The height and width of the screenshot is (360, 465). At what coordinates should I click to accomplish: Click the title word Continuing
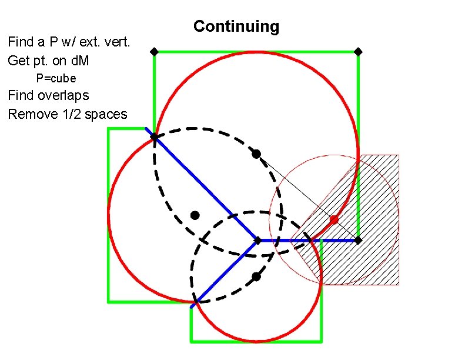[x=236, y=26]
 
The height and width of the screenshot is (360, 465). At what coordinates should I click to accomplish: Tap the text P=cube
[x=56, y=78]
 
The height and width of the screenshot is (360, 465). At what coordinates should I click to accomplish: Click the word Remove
[x=32, y=114]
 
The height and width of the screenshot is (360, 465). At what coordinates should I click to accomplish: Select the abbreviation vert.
[x=118, y=42]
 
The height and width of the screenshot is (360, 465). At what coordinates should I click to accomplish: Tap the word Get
[x=18, y=60]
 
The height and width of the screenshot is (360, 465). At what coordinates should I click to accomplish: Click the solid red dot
[x=334, y=219]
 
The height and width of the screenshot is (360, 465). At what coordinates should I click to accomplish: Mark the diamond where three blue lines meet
[x=257, y=240]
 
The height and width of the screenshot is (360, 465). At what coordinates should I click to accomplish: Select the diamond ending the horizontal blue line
[x=358, y=240]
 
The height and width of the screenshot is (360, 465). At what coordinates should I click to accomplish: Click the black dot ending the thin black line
[x=256, y=154]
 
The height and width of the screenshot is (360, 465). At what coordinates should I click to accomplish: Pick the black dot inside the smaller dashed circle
[x=256, y=276]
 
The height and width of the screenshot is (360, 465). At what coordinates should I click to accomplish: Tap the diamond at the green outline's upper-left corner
[x=154, y=52]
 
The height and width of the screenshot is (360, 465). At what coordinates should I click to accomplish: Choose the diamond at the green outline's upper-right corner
[x=358, y=52]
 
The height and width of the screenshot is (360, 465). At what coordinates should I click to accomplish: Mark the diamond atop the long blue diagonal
[x=154, y=137]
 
